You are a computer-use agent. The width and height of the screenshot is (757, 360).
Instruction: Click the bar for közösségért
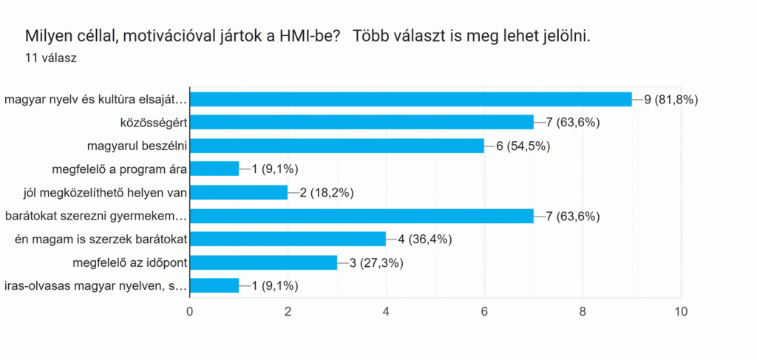[361, 122]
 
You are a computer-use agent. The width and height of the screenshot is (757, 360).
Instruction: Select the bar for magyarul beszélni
[337, 146]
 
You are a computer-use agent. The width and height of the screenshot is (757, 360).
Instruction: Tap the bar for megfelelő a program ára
[214, 169]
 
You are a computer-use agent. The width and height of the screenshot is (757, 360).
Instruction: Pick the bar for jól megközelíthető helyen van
[239, 192]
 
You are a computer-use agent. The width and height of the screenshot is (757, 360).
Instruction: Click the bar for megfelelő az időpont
[263, 262]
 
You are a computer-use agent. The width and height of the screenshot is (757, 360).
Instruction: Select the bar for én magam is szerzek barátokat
[288, 239]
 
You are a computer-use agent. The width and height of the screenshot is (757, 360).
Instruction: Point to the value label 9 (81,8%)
[671, 99]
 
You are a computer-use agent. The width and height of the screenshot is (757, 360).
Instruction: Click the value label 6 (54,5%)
[524, 146]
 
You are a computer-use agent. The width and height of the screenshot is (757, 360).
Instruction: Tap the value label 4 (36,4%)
[426, 239]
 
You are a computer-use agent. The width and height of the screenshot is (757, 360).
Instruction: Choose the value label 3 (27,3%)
[377, 262]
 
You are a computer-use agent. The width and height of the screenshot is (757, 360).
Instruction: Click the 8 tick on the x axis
[583, 311]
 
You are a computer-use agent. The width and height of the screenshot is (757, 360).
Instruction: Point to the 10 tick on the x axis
[680, 311]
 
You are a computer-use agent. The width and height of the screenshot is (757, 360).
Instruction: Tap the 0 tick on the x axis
[190, 311]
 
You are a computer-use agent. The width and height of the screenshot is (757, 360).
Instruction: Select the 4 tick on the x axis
[386, 311]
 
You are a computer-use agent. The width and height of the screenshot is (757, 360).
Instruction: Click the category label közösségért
[153, 122]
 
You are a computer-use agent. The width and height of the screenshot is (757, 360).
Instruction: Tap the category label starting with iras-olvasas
[95, 286]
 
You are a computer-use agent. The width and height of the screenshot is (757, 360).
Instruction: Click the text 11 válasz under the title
[52, 57]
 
